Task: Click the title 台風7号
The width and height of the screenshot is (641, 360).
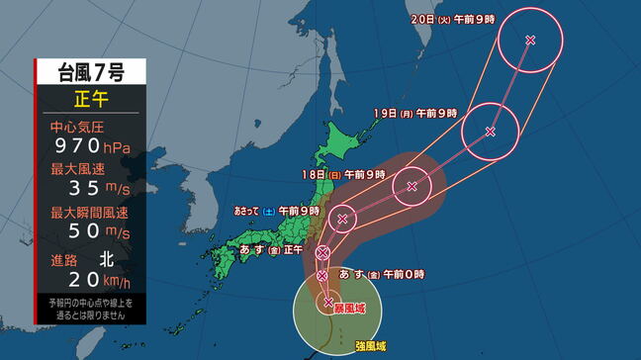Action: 90,72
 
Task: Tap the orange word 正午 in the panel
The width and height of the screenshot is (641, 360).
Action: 90,99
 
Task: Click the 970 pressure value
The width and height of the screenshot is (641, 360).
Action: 79,146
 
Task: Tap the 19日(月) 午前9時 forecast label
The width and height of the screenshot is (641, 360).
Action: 416,113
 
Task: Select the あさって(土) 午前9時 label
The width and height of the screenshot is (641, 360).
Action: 277,211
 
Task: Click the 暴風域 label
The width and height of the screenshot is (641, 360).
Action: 351,309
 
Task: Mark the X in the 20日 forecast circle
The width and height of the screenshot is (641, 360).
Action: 530,40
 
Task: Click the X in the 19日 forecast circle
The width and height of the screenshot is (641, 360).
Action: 491,132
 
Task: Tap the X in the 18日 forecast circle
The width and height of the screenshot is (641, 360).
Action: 412,185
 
